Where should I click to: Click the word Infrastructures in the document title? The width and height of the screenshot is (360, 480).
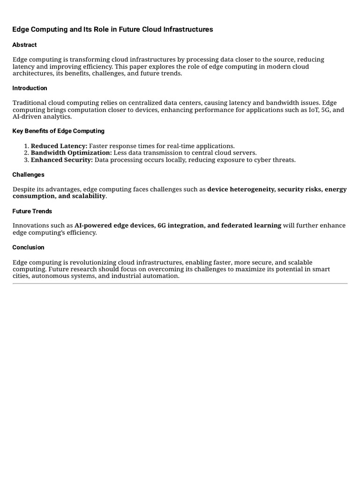click(x=188, y=30)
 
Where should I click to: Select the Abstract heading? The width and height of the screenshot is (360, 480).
click(x=24, y=45)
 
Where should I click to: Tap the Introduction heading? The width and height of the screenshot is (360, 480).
click(x=30, y=88)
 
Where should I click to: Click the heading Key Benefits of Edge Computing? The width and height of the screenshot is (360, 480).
click(x=58, y=131)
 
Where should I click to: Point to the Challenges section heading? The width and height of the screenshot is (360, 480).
click(x=28, y=175)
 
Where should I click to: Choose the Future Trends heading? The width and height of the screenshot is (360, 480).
click(x=32, y=211)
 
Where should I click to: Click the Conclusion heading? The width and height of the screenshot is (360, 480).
click(x=28, y=247)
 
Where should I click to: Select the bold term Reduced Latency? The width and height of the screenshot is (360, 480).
click(x=59, y=146)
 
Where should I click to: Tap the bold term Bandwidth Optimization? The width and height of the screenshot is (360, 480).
click(x=71, y=153)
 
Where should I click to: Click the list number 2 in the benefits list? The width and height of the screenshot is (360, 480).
click(x=26, y=153)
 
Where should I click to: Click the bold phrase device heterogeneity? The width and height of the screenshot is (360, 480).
click(x=241, y=189)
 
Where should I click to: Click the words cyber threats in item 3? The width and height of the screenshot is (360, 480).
click(x=277, y=160)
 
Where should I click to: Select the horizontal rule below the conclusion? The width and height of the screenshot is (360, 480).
click(x=180, y=284)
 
